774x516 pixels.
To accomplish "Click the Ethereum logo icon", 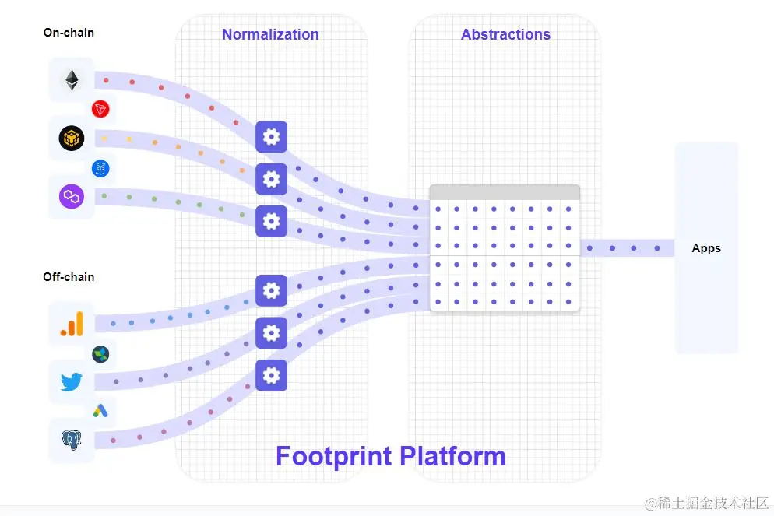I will [72, 79].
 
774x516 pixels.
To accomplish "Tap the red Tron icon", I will [100, 109].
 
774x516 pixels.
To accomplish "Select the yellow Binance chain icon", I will [72, 139].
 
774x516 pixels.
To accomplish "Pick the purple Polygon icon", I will [72, 196].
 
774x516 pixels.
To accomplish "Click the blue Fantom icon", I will [100, 167].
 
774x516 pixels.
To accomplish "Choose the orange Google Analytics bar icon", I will [72, 324].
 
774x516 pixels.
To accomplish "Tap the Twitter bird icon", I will [72, 382].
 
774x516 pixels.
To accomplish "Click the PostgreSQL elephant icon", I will [72, 441].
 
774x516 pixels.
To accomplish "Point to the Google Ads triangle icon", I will [100, 411].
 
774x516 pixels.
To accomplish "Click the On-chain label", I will [69, 33].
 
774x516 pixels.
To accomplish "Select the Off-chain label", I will [69, 277].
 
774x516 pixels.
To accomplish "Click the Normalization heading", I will [270, 35].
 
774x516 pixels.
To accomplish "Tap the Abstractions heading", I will [505, 35].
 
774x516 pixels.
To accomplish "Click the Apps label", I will [706, 248].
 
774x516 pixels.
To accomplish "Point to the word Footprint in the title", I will [333, 456].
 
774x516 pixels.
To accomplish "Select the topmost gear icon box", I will [271, 137].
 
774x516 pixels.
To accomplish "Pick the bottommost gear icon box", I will [271, 375].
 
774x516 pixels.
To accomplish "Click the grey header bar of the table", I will [505, 192].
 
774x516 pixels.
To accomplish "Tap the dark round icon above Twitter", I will [100, 354].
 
